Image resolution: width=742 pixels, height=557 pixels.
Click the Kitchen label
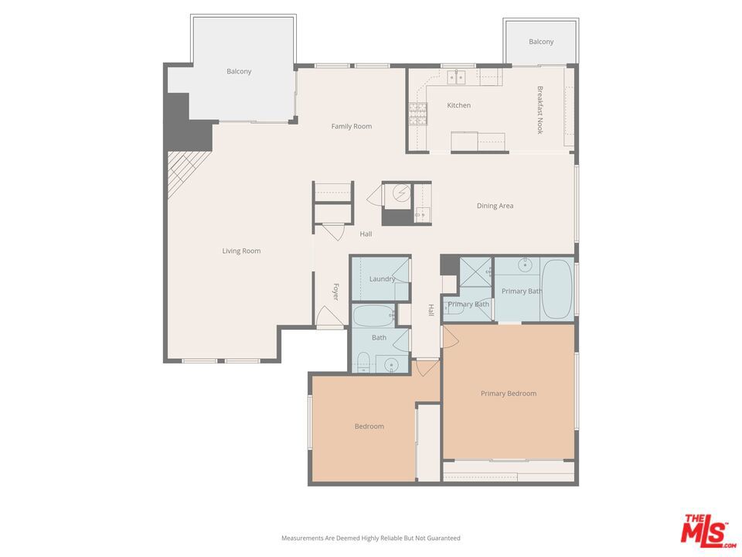coord(458,105)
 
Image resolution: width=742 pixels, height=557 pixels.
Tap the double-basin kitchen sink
coord(456,77)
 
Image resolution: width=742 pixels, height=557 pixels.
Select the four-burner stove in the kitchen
coord(417,114)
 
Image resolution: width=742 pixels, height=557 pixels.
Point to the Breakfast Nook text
coord(540,110)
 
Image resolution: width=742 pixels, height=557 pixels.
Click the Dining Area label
coord(495,206)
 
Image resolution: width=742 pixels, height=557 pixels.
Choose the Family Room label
coord(352,126)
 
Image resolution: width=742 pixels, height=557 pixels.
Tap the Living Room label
coord(241,251)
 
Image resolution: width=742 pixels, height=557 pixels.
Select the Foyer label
coord(336,292)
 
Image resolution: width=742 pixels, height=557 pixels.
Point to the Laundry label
coord(382,278)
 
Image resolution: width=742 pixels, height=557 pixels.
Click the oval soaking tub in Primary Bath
coord(556,289)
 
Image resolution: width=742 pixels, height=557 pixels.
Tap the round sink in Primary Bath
coord(526,265)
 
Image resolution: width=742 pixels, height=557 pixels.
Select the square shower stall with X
coord(476,271)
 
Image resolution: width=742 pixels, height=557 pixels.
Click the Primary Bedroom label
coord(508,394)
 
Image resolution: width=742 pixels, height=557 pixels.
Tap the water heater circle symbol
coord(400,193)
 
